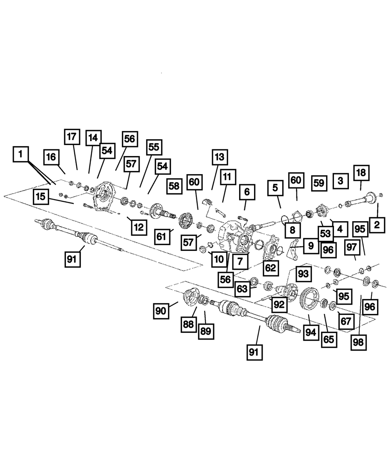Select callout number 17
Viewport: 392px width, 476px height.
point(71,138)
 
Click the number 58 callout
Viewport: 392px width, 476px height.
point(174,187)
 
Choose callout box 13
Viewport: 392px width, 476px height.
point(220,158)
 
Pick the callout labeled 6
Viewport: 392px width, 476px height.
point(247,192)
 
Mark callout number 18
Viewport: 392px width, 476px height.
point(361,172)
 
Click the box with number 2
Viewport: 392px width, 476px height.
point(377,225)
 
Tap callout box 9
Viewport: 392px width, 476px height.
point(310,246)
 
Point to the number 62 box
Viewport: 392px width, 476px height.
point(270,268)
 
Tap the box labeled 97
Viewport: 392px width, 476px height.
point(352,247)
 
